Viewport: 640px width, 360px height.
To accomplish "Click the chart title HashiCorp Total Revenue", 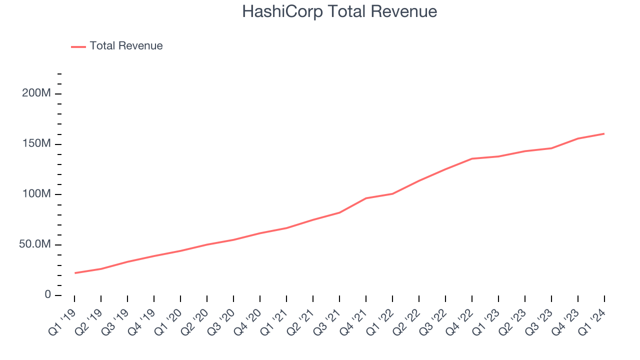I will tap(339, 11).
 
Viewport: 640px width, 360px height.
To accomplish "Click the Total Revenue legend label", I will tap(126, 46).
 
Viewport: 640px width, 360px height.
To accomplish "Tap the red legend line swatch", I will tap(78, 46).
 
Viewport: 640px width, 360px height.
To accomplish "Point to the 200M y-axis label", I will tap(36, 94).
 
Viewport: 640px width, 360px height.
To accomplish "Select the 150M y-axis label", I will tap(36, 144).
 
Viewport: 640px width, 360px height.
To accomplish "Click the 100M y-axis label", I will tap(36, 194).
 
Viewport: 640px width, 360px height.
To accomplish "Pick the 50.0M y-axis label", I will tap(35, 245).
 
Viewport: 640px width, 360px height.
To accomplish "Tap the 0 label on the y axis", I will tap(48, 295).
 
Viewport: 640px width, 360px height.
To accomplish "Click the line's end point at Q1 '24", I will tap(604, 133).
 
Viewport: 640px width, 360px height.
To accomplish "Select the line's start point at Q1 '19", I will tap(74, 273).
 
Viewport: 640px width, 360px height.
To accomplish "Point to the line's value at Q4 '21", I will tap(366, 198).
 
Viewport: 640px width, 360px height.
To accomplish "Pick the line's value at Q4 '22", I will tap(472, 158).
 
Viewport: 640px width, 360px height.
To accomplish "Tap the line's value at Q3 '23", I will tap(551, 148).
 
